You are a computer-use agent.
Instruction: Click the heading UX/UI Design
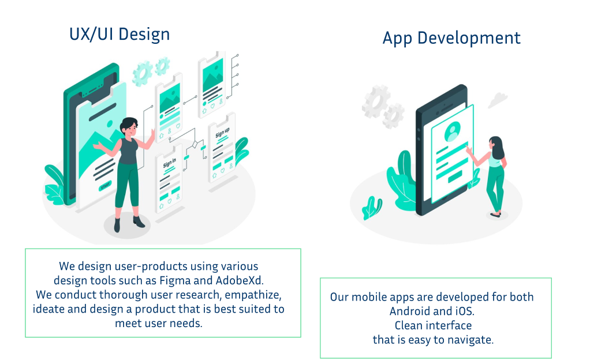pyautogui.click(x=120, y=35)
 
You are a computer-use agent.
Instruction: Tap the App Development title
pyautogui.click(x=451, y=38)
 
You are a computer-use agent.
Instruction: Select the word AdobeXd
pyautogui.click(x=240, y=280)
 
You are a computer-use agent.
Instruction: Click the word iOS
pyautogui.click(x=465, y=312)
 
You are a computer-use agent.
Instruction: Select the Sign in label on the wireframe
pyautogui.click(x=169, y=163)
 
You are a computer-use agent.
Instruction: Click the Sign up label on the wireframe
pyautogui.click(x=222, y=133)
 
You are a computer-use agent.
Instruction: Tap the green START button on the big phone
pyautogui.click(x=105, y=185)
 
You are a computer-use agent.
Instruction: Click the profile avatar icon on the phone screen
pyautogui.click(x=452, y=131)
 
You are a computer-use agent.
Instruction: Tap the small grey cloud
pyautogui.click(x=498, y=100)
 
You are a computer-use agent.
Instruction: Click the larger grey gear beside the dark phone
pyautogui.click(x=376, y=102)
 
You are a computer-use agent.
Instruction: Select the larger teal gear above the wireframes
pyautogui.click(x=143, y=74)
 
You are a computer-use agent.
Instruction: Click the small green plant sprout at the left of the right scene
pyautogui.click(x=372, y=208)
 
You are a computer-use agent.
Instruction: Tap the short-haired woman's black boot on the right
pyautogui.click(x=139, y=222)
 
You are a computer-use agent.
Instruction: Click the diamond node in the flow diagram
pyautogui.click(x=195, y=144)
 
